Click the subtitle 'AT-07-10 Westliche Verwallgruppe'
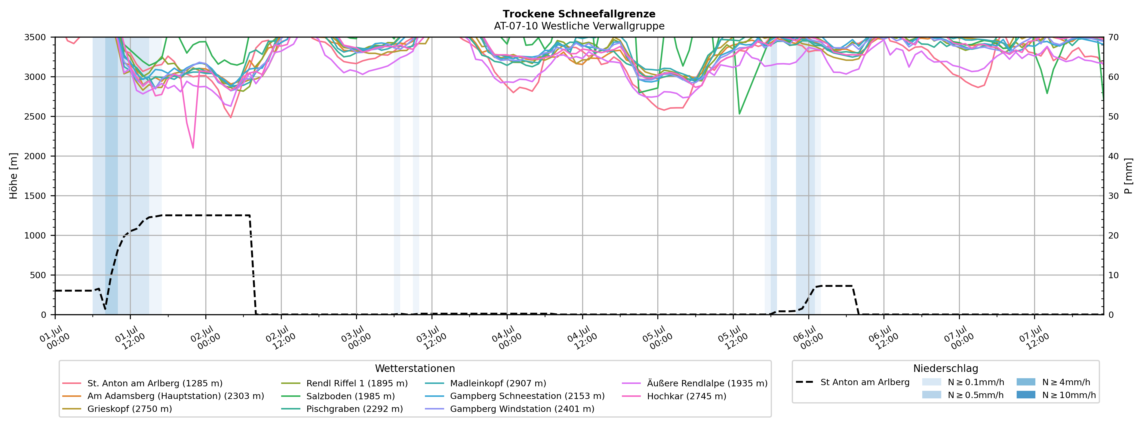(579, 26)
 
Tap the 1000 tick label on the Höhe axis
(35, 236)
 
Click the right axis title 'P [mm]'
(1128, 176)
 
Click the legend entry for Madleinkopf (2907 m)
(485, 383)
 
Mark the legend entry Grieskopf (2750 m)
(117, 409)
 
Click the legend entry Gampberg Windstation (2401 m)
(509, 409)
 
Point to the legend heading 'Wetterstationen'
(415, 368)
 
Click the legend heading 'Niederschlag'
(945, 368)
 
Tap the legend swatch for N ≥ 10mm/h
(1025, 394)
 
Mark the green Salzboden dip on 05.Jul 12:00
(739, 114)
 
